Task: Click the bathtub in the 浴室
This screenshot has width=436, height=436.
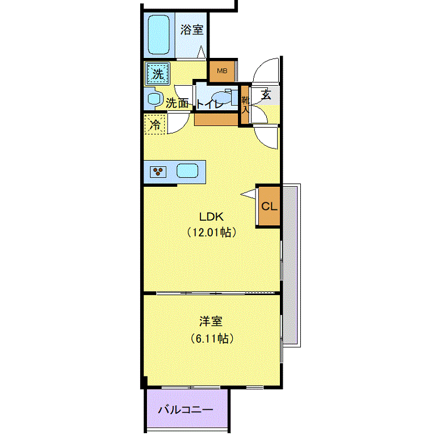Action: (x=159, y=35)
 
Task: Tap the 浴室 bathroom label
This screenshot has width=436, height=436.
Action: (x=192, y=30)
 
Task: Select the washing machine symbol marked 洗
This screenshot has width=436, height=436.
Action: (x=158, y=74)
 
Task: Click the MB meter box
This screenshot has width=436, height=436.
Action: (x=222, y=71)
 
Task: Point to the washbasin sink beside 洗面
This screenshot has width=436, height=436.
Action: (x=154, y=98)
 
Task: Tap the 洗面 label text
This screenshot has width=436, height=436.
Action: (x=177, y=103)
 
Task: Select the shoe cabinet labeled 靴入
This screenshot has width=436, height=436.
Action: (x=245, y=105)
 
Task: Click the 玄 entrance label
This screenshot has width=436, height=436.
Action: (x=266, y=95)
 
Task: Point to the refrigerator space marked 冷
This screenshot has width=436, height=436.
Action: (x=155, y=124)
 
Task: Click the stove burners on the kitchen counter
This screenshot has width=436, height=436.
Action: (x=158, y=171)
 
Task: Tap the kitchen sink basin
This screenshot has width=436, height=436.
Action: (x=187, y=171)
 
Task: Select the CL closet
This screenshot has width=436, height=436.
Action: (x=269, y=206)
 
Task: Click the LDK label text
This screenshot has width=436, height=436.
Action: (x=211, y=217)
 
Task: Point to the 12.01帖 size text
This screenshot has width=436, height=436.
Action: (x=212, y=232)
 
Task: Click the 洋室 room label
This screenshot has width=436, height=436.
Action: (x=211, y=321)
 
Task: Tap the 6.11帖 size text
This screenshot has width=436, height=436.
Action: (x=212, y=338)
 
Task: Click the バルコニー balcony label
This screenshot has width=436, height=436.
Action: (x=186, y=409)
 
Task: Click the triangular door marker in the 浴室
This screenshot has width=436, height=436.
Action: (x=202, y=52)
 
